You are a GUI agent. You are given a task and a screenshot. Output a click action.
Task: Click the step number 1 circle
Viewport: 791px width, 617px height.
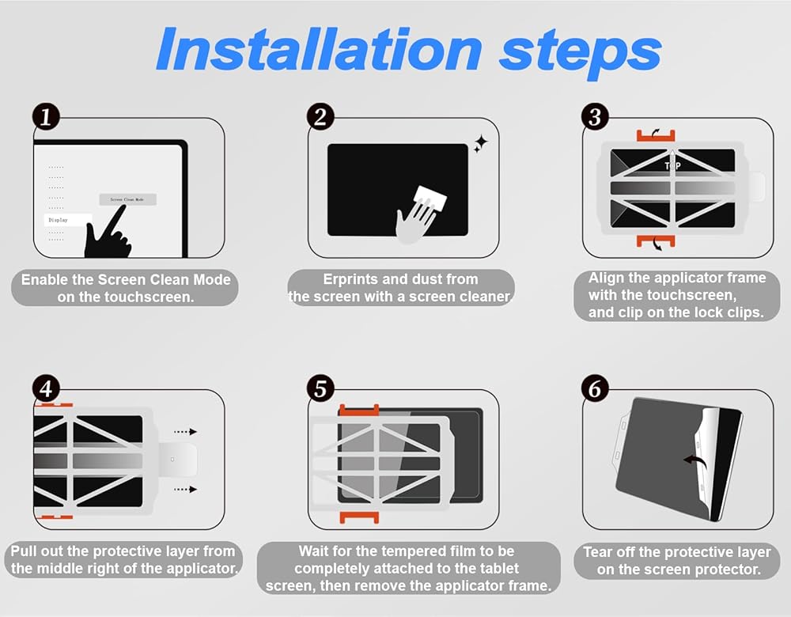[x=46, y=117]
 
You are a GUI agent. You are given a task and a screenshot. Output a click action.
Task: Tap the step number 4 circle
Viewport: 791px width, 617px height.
[x=46, y=389]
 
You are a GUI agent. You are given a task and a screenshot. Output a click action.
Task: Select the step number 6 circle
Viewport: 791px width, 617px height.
[x=595, y=389]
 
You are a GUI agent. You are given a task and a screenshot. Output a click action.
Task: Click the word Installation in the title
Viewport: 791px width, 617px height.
[x=320, y=50]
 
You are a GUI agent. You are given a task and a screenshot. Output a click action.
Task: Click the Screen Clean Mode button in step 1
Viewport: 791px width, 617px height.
[x=127, y=199]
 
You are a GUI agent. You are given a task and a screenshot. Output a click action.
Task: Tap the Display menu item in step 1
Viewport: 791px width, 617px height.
[x=68, y=220]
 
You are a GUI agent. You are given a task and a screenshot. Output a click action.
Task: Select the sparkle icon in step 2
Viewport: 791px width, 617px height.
[x=480, y=144]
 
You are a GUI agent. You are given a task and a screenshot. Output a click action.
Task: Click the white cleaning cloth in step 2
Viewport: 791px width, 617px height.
[x=430, y=200]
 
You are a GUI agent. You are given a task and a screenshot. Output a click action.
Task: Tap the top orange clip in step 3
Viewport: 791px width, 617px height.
[x=655, y=135]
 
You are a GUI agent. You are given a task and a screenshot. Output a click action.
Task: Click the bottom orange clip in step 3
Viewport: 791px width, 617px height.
[x=655, y=240]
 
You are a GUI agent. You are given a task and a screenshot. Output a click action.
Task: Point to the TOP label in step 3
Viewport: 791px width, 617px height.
[x=672, y=166]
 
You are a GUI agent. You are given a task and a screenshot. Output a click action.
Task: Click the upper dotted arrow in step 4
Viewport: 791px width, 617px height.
[x=185, y=432]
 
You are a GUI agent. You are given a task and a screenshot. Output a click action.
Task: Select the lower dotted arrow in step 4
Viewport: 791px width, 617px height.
[x=185, y=490]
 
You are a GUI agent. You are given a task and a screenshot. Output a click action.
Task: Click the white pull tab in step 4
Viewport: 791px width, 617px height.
[x=177, y=460]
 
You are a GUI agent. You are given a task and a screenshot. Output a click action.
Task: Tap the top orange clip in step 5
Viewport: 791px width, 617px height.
[x=358, y=410]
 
